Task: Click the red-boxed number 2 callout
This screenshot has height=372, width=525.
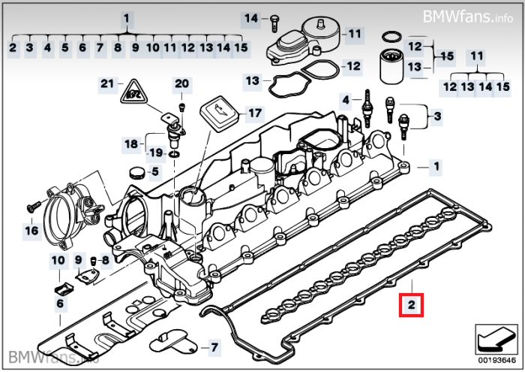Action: click(412, 304)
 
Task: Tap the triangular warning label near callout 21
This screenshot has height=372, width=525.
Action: click(133, 94)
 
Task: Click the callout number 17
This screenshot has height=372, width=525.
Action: click(255, 113)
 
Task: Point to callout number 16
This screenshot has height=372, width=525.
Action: click(31, 231)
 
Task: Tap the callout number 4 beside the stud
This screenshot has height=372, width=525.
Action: click(346, 100)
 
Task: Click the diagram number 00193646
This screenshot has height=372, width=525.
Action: click(493, 362)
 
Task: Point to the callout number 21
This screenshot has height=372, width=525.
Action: click(106, 83)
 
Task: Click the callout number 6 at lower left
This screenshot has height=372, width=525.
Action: click(59, 304)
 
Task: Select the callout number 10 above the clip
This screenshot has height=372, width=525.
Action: click(58, 261)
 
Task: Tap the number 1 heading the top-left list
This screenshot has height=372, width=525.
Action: click(127, 17)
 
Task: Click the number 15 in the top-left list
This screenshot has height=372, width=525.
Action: click(241, 48)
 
